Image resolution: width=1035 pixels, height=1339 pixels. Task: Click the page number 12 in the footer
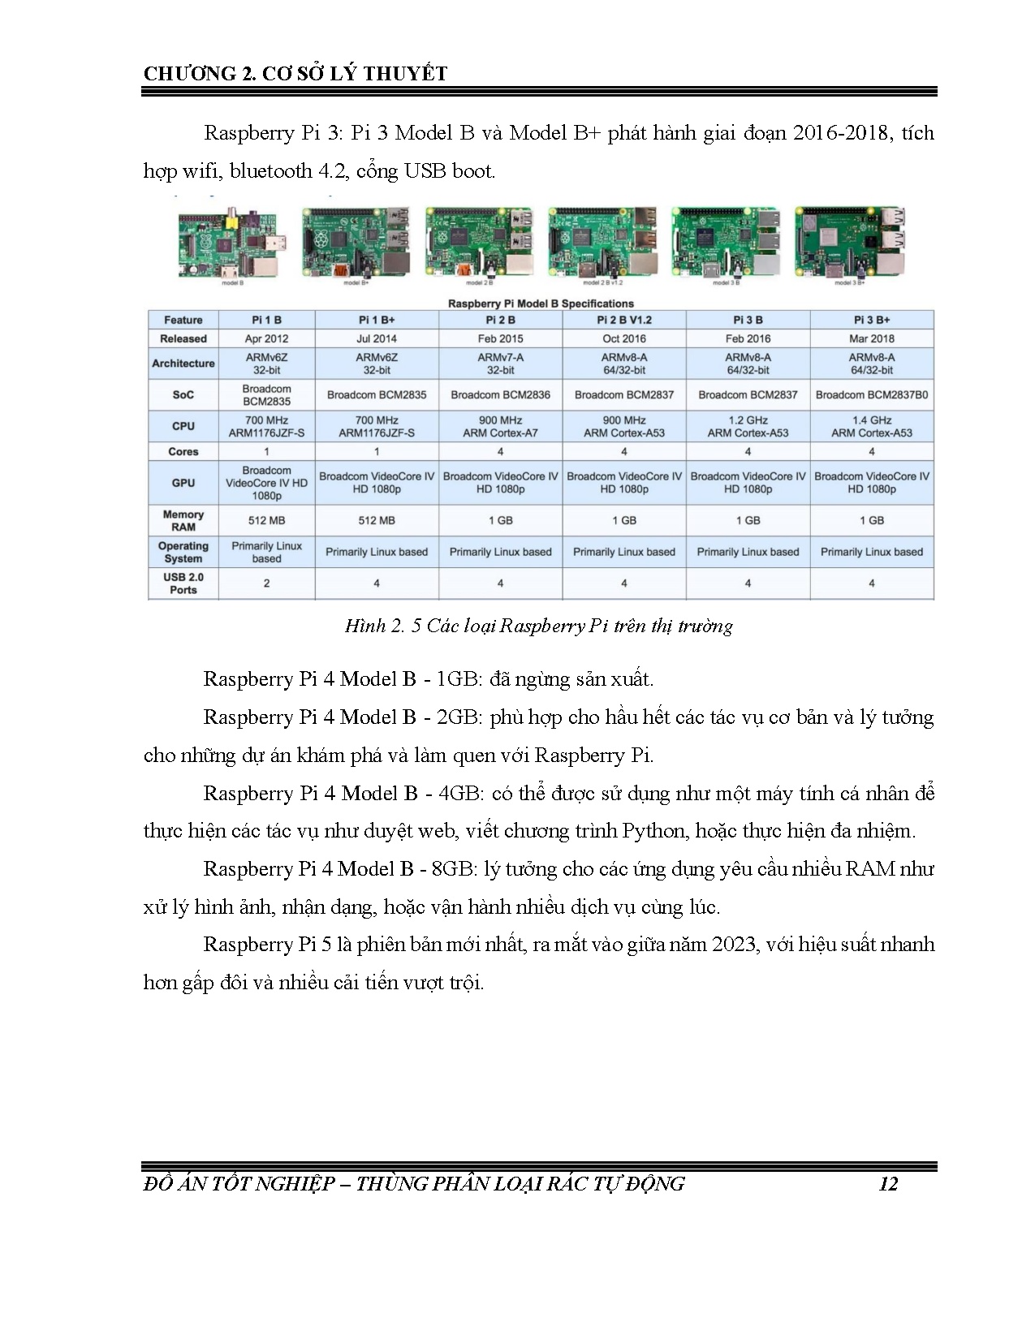pyautogui.click(x=888, y=1184)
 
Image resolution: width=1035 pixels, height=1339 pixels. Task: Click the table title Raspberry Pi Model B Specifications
pyautogui.click(x=541, y=304)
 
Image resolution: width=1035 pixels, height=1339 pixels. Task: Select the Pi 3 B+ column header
pyautogui.click(x=872, y=320)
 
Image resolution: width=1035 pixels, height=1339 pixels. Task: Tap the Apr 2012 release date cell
pyautogui.click(x=266, y=338)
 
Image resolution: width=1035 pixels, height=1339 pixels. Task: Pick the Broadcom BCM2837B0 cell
pyautogui.click(x=872, y=395)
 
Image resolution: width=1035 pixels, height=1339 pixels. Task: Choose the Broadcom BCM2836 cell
pyautogui.click(x=500, y=395)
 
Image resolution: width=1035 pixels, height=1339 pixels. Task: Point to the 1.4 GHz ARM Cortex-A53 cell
pyautogui.click(x=872, y=427)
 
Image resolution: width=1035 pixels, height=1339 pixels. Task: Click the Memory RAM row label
pyautogui.click(x=183, y=520)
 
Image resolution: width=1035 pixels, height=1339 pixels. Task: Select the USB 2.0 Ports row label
pyautogui.click(x=183, y=583)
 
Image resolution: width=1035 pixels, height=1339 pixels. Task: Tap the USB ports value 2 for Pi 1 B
pyautogui.click(x=266, y=583)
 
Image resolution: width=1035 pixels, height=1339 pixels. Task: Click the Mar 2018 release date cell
pyautogui.click(x=872, y=338)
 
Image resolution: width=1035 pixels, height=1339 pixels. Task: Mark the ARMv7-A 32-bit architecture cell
pyautogui.click(x=500, y=364)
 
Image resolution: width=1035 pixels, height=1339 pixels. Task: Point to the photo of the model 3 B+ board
pyautogui.click(x=849, y=242)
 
